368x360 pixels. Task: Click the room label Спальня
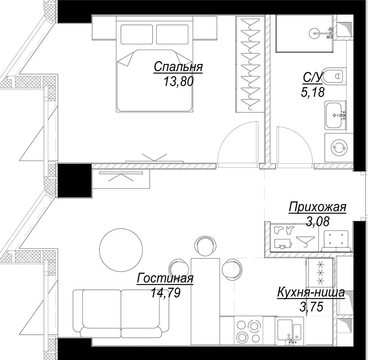(178, 67)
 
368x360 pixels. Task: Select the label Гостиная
(165, 278)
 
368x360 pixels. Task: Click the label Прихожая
(318, 207)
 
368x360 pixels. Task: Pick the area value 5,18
(313, 92)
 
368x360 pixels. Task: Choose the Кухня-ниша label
(311, 293)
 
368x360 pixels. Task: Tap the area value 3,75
(311, 306)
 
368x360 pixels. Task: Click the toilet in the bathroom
(334, 76)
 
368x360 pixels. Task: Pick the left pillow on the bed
(137, 34)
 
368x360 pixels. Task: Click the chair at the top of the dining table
(205, 247)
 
